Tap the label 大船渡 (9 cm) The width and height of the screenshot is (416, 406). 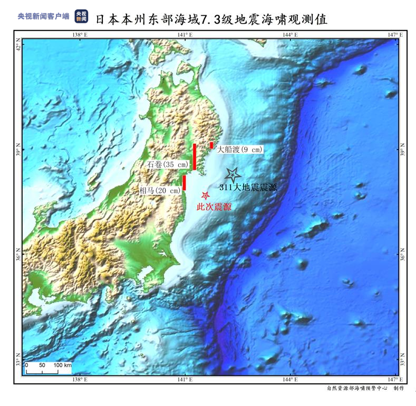[x=239, y=150]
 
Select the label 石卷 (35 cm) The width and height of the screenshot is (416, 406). [x=168, y=165]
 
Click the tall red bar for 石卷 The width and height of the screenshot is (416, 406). [x=195, y=157]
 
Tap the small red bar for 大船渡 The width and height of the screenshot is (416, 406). [x=211, y=145]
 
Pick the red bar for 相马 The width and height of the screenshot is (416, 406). [x=185, y=182]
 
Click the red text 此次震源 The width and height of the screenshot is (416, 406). [x=214, y=207]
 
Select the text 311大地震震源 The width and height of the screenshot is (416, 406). [x=247, y=187]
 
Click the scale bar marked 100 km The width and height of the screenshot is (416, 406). [x=49, y=368]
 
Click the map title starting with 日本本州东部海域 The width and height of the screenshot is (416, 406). [x=211, y=19]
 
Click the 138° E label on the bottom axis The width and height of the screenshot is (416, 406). [x=79, y=380]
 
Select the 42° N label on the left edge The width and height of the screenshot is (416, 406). [x=18, y=48]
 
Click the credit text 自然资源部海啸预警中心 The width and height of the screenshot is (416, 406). [x=356, y=389]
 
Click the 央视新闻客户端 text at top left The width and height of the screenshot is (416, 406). [x=44, y=16]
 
